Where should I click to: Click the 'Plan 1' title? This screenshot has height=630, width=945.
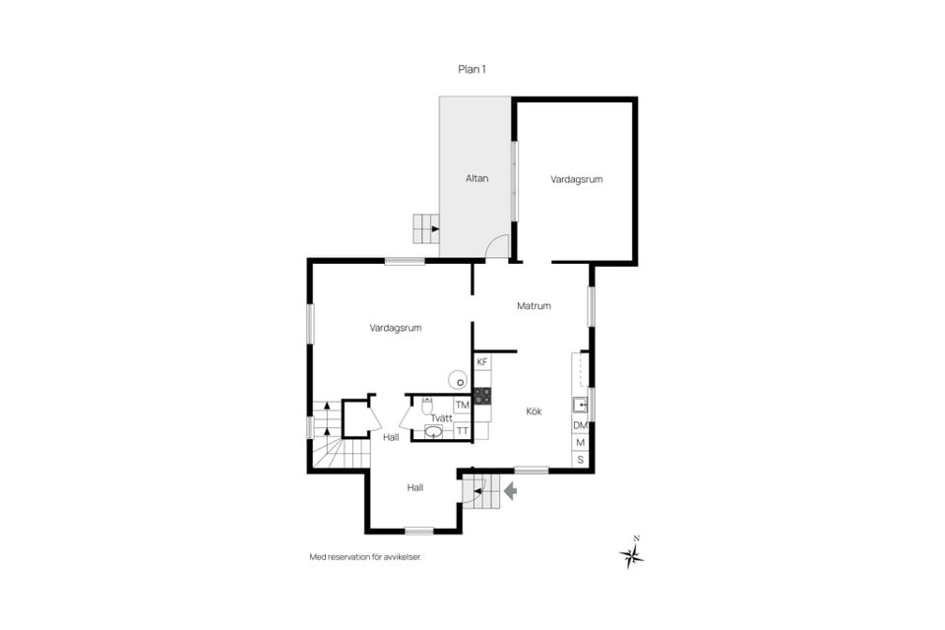pos(472,69)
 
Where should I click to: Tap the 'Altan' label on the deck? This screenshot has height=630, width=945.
pos(476,178)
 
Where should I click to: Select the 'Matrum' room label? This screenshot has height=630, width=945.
pos(534,306)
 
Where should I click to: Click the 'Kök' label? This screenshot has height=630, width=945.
pos(534,411)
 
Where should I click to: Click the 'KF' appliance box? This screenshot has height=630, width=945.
pos(482,362)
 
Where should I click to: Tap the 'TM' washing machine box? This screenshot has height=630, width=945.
pos(462,406)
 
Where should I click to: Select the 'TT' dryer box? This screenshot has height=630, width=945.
pos(462,430)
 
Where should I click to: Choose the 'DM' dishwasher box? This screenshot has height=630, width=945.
pos(580,425)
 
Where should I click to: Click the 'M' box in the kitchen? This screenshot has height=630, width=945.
pos(580,442)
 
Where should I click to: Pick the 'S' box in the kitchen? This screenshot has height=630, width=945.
pos(580,459)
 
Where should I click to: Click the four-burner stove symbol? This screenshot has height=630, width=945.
pos(482,396)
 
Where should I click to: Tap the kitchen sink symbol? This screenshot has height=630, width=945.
pos(580,404)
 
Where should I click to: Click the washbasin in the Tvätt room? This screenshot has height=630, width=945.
pos(434,431)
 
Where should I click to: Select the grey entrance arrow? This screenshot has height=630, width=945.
pos(510,489)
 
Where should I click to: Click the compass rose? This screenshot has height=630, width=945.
pos(632,556)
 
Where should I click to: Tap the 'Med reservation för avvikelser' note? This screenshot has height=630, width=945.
pos(371,557)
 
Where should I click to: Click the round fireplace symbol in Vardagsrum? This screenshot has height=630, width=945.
pos(458,378)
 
